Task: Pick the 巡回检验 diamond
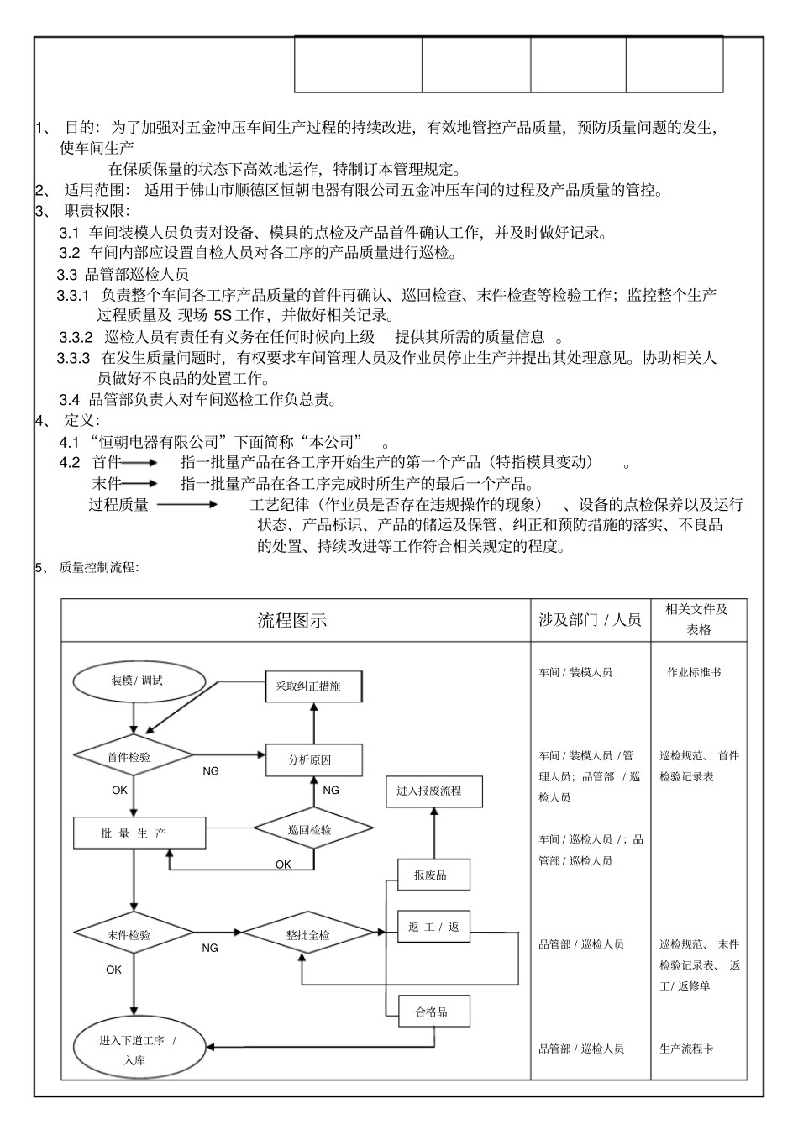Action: [x=313, y=830]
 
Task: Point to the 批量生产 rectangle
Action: [x=139, y=833]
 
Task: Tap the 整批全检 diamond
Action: [x=308, y=934]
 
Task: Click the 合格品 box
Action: [x=433, y=1012]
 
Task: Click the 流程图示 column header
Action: [x=292, y=621]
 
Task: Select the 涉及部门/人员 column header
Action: [x=590, y=620]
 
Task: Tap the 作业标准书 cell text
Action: [x=694, y=672]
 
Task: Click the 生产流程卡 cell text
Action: [x=687, y=1049]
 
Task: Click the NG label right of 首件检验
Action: [x=211, y=771]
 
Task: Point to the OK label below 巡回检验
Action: [x=283, y=864]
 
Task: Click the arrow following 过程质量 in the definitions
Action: [x=186, y=504]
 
